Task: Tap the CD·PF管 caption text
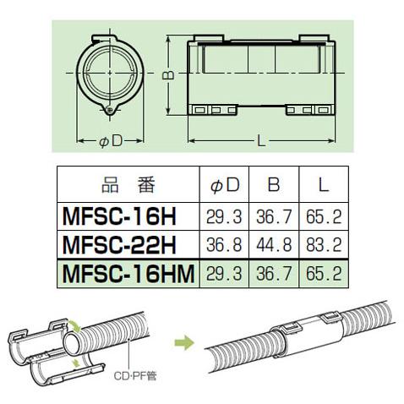tap(135, 390)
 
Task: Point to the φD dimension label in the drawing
tap(111, 140)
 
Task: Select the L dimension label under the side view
tap(260, 140)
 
